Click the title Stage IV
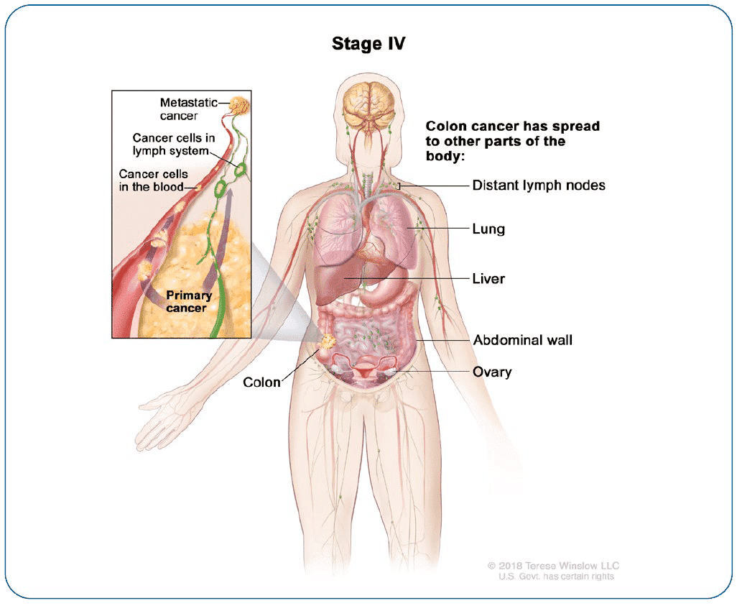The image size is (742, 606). pyautogui.click(x=368, y=44)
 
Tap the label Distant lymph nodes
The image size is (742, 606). pyautogui.click(x=538, y=185)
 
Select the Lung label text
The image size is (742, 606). pyautogui.click(x=488, y=229)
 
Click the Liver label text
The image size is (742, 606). pyautogui.click(x=488, y=278)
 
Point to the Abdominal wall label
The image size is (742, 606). pyautogui.click(x=522, y=340)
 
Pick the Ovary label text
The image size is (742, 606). pyautogui.click(x=492, y=372)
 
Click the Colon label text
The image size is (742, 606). pyautogui.click(x=261, y=382)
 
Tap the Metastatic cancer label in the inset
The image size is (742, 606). pyautogui.click(x=188, y=109)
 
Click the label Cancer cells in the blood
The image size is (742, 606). pyautogui.click(x=153, y=181)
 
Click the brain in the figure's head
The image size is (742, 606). pyautogui.click(x=369, y=104)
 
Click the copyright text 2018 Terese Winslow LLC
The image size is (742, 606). pyautogui.click(x=552, y=566)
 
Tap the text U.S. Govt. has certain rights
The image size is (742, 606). pyautogui.click(x=557, y=577)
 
